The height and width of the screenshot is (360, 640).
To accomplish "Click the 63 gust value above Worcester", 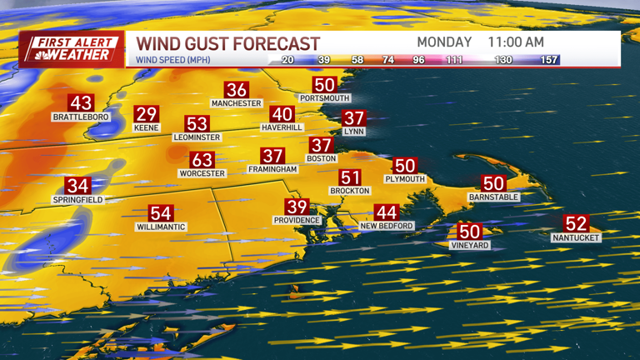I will pos(202,159).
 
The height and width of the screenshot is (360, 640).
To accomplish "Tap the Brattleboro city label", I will pos(81,117).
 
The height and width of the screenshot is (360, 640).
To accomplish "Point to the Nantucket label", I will pos(576,237).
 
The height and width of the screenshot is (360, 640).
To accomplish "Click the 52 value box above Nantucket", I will pos(576,223).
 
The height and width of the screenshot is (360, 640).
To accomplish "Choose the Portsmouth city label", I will pos(324,98).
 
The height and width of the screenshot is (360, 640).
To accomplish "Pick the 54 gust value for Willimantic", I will pos(160,213).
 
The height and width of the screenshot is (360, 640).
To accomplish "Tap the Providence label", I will pos(297,220).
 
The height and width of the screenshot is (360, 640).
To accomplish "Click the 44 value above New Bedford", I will pos(386,212).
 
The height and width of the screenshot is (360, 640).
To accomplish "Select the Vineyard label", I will pos(469,246).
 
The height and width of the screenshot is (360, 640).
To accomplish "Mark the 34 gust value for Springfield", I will pos(77,186).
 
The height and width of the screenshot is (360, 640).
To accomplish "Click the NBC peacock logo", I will pos(37,55).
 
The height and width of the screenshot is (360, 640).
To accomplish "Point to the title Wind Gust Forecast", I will pos(227,42).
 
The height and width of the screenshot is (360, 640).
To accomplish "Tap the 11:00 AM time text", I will pos(516,42).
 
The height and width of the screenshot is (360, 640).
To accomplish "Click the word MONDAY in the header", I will pos(444,42).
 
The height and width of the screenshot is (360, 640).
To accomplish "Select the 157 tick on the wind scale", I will pos(547,60).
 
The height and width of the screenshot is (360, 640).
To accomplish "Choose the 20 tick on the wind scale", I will pos(287,60).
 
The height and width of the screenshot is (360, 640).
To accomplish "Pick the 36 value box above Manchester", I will pos(237,90).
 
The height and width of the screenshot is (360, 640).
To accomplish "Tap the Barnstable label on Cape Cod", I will pos(493,197).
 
